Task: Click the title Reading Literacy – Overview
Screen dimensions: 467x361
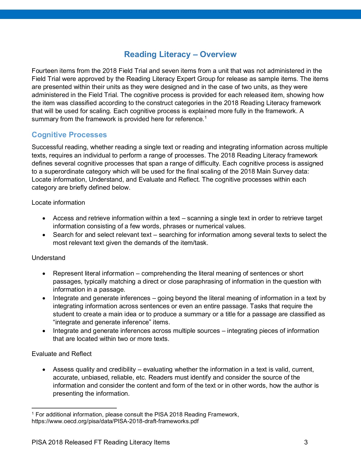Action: tap(180, 54)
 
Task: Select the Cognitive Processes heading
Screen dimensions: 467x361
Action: tap(69, 135)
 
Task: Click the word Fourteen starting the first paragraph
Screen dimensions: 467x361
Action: tap(43, 71)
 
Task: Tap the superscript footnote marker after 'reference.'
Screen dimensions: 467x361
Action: tap(205, 118)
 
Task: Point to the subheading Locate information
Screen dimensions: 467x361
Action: tap(58, 203)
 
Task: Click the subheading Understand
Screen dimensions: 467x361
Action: tap(48, 258)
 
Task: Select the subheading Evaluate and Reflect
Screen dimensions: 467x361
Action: tap(62, 354)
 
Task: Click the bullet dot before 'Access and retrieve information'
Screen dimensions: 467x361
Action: tap(44, 218)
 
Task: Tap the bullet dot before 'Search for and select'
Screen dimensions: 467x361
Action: tap(44, 235)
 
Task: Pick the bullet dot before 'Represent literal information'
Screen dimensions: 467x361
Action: tap(44, 274)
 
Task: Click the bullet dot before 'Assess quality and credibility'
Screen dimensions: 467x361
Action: tap(44, 370)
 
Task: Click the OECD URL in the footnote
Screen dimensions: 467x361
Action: tap(115, 421)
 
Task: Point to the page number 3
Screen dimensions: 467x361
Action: tap(306, 442)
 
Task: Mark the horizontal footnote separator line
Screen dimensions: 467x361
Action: tap(74, 408)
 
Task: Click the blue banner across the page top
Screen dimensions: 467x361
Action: tap(180, 14)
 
